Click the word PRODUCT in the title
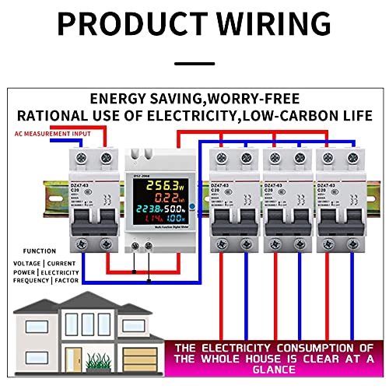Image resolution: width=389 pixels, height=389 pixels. (x=125, y=24)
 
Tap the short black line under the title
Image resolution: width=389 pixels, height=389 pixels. (x=194, y=64)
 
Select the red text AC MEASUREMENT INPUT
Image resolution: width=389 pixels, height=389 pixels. (x=50, y=133)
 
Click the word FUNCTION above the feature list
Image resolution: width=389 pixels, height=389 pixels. (x=39, y=251)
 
